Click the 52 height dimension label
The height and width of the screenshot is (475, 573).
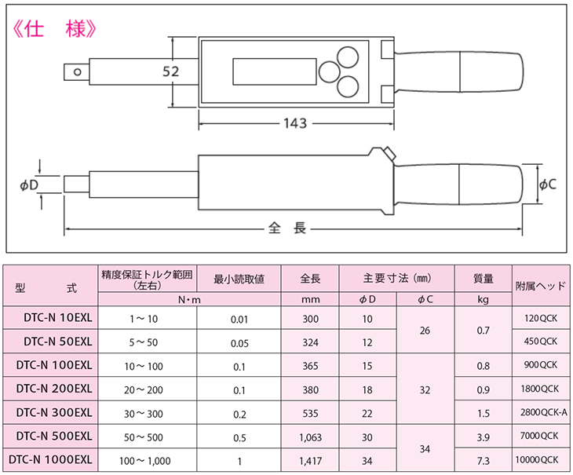171,71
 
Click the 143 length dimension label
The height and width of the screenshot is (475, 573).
295,123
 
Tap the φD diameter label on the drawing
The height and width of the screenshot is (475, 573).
29,185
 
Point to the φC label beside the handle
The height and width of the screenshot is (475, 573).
548,185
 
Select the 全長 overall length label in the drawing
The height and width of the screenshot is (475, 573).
287,228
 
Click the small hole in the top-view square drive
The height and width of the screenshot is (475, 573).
77,71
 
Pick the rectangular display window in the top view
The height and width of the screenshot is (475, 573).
275,71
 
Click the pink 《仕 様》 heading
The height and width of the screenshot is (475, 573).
54,29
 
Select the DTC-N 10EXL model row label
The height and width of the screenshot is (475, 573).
58,318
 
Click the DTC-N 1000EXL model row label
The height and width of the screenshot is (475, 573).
50,459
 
